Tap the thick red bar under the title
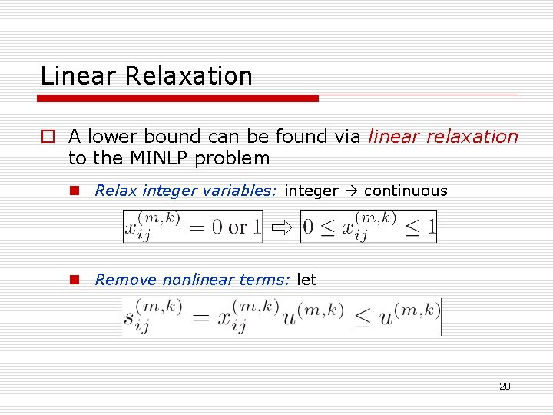coord(178,98)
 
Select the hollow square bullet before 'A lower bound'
coord(48,138)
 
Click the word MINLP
coord(154,158)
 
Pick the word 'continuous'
coord(406,191)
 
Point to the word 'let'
coord(306,280)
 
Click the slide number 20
coord(505,386)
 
